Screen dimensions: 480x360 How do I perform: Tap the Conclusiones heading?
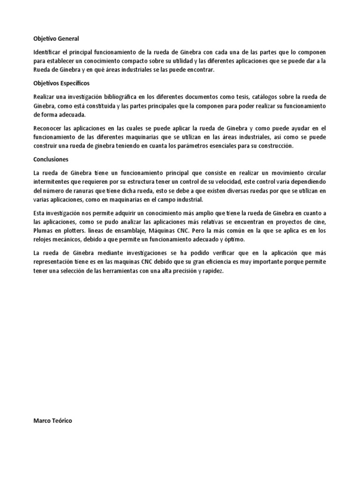(51, 159)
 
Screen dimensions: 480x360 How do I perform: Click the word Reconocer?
(48, 128)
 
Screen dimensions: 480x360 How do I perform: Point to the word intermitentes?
(53, 181)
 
